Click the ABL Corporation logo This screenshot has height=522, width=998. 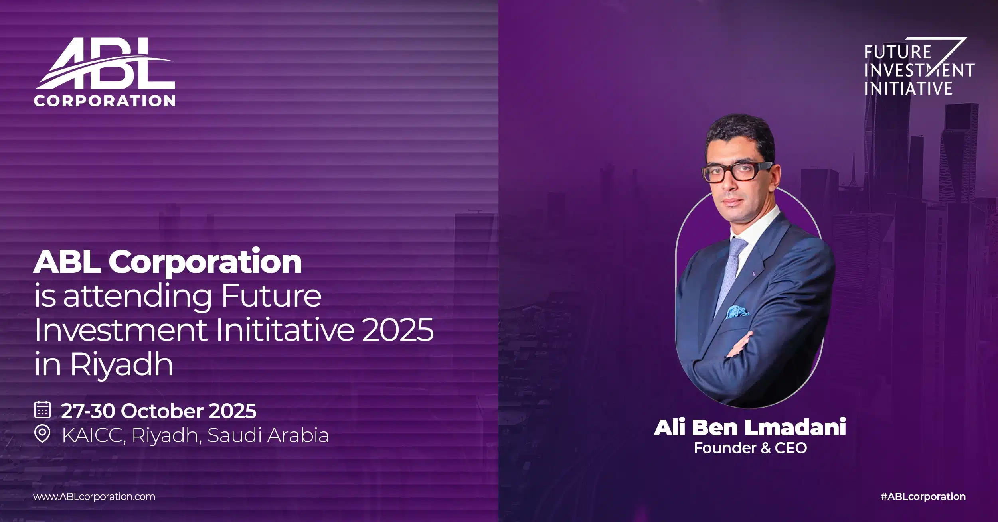click(x=105, y=72)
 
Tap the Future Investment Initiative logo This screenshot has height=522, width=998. click(x=918, y=68)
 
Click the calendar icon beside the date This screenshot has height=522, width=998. click(x=42, y=410)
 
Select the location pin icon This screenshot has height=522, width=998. click(x=42, y=434)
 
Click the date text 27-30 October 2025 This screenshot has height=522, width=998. click(x=158, y=411)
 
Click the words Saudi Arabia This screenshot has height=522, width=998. click(x=268, y=435)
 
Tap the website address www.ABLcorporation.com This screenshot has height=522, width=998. click(x=94, y=496)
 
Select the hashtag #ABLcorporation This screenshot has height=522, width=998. click(x=923, y=496)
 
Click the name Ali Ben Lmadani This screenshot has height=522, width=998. click(x=750, y=427)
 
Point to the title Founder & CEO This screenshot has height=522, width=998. click(x=750, y=448)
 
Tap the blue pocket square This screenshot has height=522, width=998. click(x=737, y=311)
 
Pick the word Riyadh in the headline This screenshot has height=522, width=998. click(x=122, y=364)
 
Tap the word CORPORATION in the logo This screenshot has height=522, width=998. click(x=105, y=100)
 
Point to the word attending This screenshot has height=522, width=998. click(x=137, y=296)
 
